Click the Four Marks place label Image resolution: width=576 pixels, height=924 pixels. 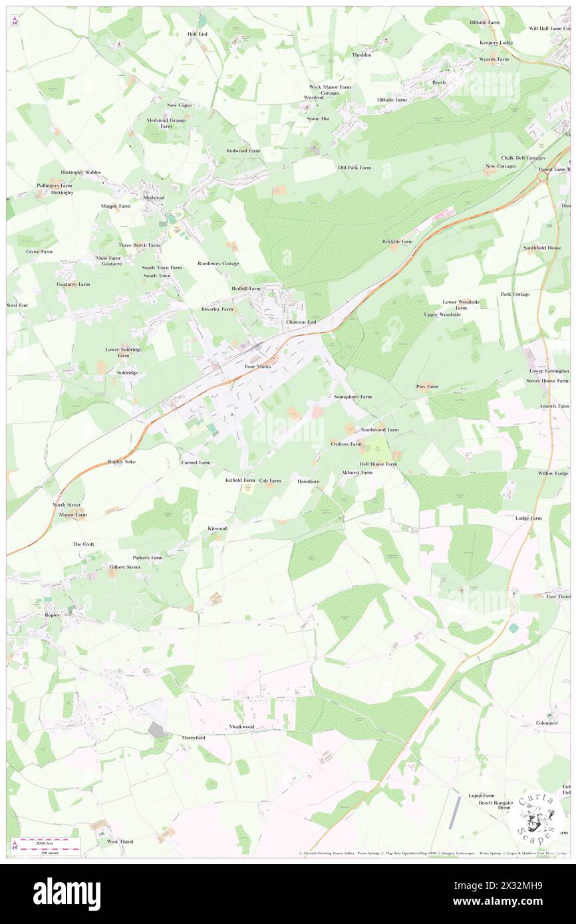(x=259, y=366)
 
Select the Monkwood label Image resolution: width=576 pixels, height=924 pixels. (x=242, y=727)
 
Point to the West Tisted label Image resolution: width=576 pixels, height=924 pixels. (x=120, y=842)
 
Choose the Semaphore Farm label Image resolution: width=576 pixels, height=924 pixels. (x=352, y=397)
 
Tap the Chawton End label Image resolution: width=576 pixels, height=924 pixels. (x=301, y=322)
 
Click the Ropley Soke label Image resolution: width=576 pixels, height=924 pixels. (x=122, y=461)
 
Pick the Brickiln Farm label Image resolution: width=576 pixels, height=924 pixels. (x=397, y=241)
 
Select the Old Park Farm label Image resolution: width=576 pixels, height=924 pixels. (x=355, y=168)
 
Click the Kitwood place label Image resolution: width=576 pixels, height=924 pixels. (x=217, y=528)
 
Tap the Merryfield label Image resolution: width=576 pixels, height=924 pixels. (x=194, y=738)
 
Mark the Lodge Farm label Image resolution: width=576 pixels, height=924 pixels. (x=528, y=518)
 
